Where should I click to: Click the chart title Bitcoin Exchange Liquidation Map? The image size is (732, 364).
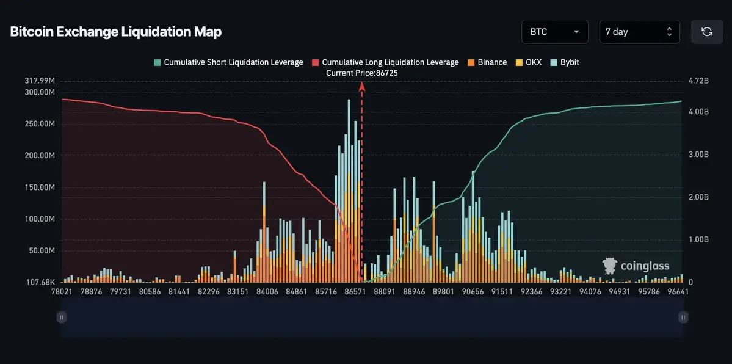(115, 32)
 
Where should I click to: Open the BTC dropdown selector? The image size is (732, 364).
(554, 32)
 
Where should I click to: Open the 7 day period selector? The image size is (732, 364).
(639, 32)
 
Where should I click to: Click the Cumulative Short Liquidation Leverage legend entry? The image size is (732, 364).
(229, 62)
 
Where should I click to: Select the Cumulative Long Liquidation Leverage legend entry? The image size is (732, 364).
(386, 62)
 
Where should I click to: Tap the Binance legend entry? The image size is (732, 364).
(487, 62)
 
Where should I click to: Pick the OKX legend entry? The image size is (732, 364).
(529, 62)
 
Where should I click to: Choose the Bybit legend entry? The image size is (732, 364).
(565, 62)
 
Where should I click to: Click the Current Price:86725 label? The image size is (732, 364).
(362, 73)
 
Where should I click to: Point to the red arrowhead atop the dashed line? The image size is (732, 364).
(362, 86)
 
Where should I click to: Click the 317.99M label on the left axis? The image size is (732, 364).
(40, 81)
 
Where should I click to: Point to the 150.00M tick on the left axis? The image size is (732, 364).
(40, 187)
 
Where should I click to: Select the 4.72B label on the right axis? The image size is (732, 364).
(698, 81)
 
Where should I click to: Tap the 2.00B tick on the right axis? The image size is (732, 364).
(698, 197)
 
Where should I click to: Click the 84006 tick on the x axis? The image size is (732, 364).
(267, 292)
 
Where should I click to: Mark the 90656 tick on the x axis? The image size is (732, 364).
(473, 292)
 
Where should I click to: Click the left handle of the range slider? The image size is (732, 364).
(62, 317)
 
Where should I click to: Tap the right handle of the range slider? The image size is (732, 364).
(683, 317)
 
